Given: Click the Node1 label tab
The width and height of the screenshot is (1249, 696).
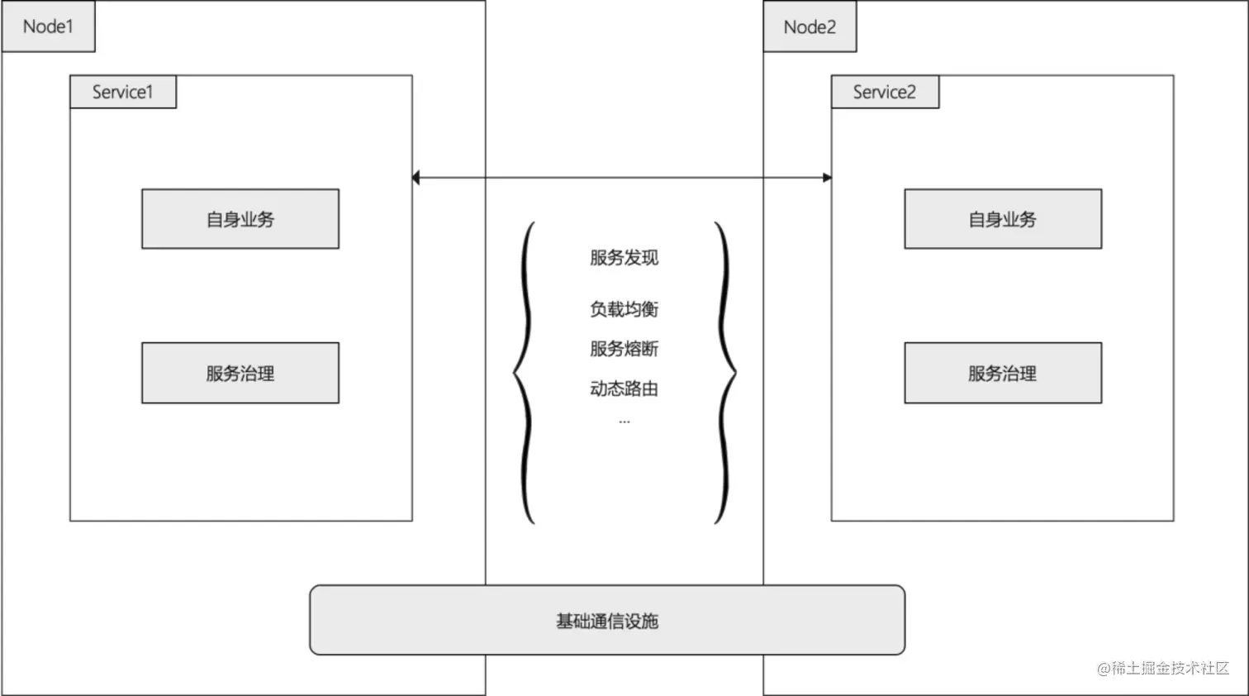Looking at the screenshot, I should tap(48, 26).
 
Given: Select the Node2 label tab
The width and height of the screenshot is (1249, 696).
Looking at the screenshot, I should tap(810, 27).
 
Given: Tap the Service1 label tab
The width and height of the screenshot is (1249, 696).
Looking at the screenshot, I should tap(122, 92).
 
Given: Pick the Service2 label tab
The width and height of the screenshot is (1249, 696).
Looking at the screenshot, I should tap(884, 92).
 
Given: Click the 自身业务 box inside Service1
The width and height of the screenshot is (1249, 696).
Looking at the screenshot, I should tap(240, 219).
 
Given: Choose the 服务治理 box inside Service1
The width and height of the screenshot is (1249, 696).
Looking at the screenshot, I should tap(240, 373).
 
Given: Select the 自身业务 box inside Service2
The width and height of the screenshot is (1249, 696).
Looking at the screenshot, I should tap(1003, 219).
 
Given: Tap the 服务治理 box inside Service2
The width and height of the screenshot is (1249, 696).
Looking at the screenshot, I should tap(1003, 373).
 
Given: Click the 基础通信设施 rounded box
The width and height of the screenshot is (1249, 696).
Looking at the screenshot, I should tap(607, 621).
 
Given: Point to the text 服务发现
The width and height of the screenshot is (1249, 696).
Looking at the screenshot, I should tap(624, 258).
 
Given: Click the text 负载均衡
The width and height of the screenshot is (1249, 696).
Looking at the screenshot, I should tap(624, 309).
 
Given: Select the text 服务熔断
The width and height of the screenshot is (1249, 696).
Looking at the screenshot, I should tap(624, 349).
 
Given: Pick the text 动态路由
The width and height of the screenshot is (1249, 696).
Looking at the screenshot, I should tap(624, 389).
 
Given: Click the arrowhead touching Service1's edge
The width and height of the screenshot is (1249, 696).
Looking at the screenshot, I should tap(416, 178).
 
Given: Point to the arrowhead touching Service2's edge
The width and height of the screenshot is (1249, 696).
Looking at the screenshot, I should tap(827, 178).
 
